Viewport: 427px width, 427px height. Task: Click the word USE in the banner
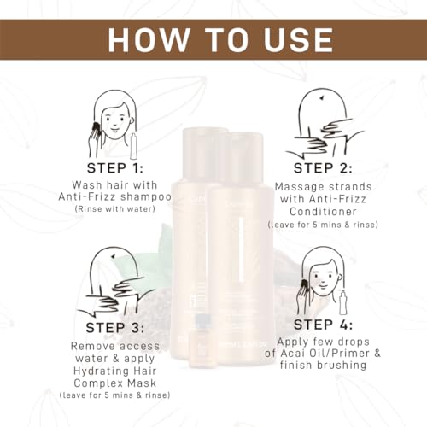[298, 40]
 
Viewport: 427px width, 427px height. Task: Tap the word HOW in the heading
[149, 40]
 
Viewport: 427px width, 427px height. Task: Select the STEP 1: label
[115, 168]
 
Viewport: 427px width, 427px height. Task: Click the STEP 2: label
[323, 168]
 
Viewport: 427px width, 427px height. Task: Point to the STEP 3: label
[115, 328]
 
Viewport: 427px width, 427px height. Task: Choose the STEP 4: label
[323, 325]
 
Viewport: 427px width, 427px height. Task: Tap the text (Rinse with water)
[115, 209]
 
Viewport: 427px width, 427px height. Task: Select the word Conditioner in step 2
[323, 212]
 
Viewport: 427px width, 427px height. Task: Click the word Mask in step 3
[142, 383]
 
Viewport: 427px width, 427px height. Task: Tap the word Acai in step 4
[294, 354]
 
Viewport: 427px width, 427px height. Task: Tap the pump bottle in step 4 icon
[343, 302]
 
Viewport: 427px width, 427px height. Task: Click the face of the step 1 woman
[115, 123]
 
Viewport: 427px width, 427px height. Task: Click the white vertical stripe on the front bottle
[242, 249]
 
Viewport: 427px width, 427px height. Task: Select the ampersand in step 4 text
[377, 354]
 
